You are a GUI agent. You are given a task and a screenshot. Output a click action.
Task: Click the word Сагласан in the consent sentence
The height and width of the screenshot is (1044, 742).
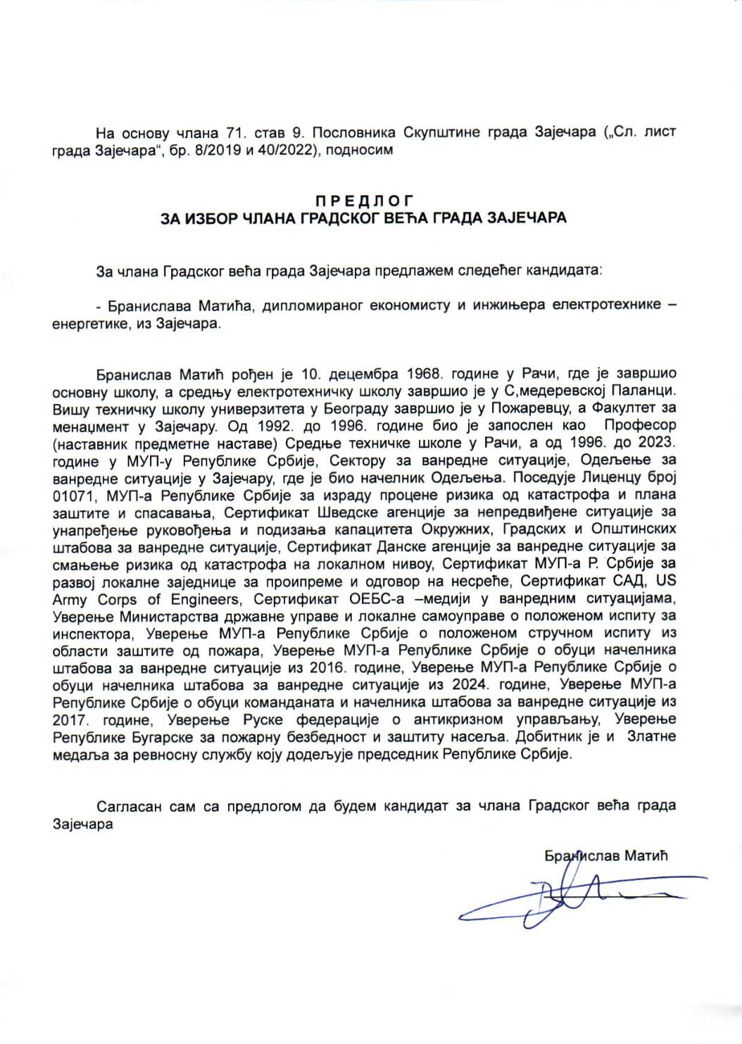[x=129, y=806]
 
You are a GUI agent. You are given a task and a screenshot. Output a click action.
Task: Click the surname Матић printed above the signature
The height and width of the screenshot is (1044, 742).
[x=645, y=855]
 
